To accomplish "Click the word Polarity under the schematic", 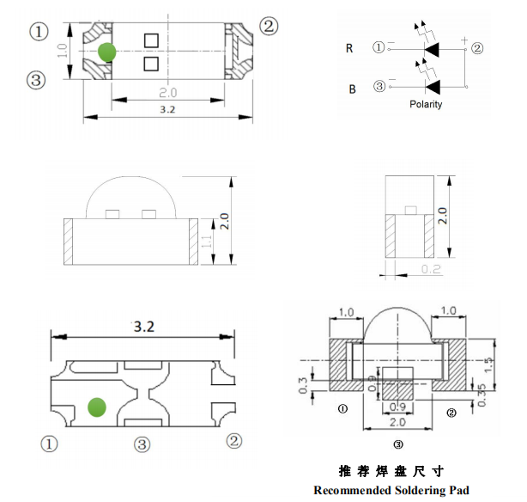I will (x=426, y=104).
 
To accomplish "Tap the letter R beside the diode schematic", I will (x=349, y=48).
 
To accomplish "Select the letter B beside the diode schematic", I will (x=350, y=89).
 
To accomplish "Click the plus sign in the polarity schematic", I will (x=464, y=40).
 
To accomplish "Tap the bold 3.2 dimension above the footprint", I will (x=143, y=327).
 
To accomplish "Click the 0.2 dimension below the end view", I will (x=432, y=270).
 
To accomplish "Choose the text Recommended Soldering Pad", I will (x=391, y=491).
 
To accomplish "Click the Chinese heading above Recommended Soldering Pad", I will (x=391, y=471).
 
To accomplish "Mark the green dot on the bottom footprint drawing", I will (x=96, y=405).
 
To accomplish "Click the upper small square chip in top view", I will (x=151, y=40).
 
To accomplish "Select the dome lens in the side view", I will (x=129, y=196).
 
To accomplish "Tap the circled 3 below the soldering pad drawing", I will (x=397, y=444).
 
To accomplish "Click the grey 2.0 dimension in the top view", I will (x=168, y=92).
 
